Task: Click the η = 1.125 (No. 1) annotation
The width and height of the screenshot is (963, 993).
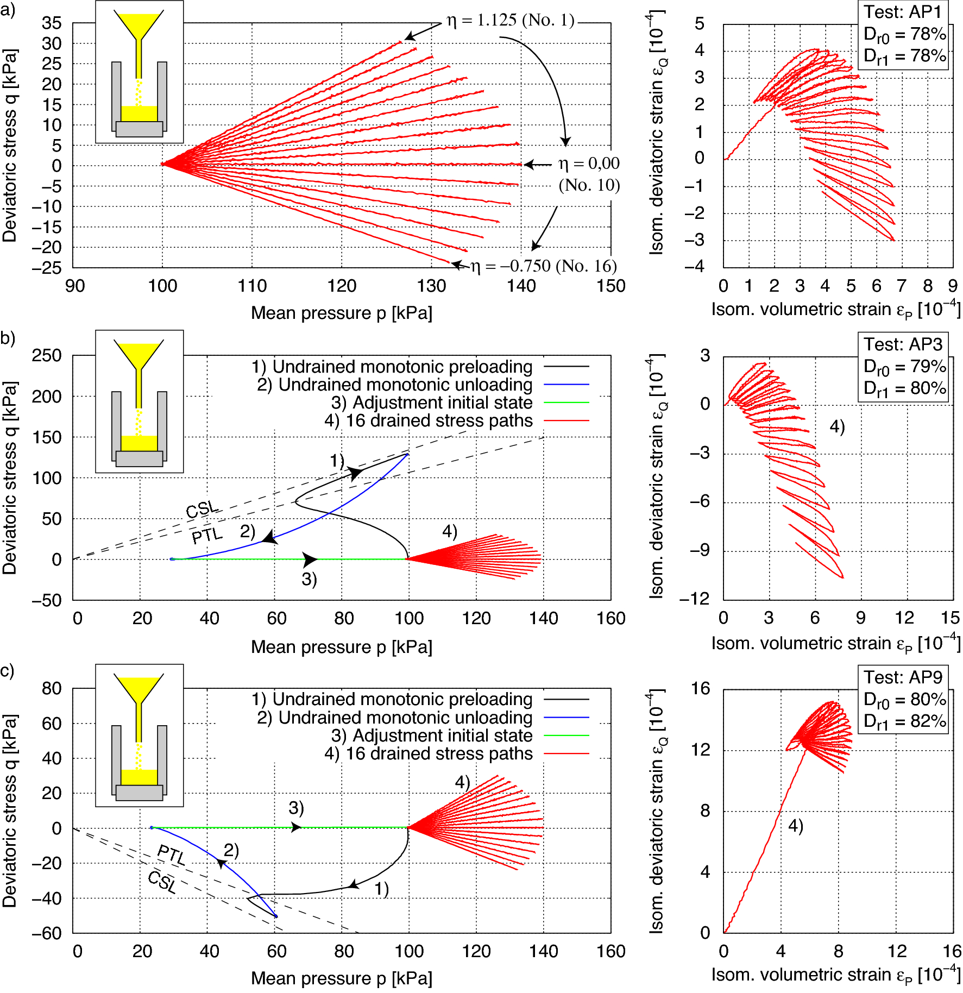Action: click(x=510, y=21)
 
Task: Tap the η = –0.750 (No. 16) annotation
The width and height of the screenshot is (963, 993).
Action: click(x=543, y=266)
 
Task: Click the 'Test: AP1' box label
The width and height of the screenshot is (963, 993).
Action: click(x=902, y=12)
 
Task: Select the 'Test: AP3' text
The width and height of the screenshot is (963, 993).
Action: click(x=903, y=344)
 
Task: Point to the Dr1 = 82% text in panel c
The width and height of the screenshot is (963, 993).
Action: click(x=904, y=721)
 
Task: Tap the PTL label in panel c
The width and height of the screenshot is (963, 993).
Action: click(x=171, y=854)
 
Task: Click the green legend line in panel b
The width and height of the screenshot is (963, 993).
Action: click(x=566, y=403)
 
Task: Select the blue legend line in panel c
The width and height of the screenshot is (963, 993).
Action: click(x=566, y=718)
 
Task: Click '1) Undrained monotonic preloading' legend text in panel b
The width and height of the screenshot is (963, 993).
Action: click(x=392, y=367)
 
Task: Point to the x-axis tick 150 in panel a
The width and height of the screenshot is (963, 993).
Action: click(x=610, y=286)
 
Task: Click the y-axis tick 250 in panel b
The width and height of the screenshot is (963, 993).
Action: click(x=47, y=356)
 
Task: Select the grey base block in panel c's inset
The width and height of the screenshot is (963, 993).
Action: click(x=139, y=793)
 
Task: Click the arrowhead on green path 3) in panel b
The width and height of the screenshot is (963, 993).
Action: click(x=310, y=560)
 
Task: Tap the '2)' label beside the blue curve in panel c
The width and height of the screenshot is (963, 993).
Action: click(x=231, y=850)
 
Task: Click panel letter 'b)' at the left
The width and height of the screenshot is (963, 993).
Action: click(x=8, y=338)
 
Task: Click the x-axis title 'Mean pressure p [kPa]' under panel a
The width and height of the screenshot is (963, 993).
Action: click(x=341, y=313)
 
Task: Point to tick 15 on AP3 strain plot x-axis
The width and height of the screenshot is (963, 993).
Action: click(x=950, y=618)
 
